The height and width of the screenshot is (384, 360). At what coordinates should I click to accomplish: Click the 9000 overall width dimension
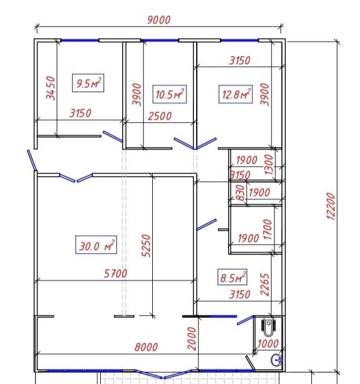(x=159, y=20)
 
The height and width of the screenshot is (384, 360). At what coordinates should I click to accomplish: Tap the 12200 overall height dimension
(x=330, y=206)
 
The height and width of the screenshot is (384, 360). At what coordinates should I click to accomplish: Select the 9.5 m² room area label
(x=88, y=83)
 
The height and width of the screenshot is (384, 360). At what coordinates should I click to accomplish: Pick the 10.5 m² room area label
(x=170, y=94)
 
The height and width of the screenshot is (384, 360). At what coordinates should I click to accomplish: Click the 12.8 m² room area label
(x=236, y=94)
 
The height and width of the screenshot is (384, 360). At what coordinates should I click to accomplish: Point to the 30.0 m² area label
(x=96, y=245)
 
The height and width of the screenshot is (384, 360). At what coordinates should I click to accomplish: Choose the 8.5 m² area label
(x=232, y=277)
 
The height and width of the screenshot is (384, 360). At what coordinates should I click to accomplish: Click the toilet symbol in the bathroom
(x=269, y=327)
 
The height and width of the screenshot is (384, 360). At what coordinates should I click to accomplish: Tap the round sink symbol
(x=277, y=360)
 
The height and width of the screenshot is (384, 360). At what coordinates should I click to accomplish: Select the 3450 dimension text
(x=51, y=88)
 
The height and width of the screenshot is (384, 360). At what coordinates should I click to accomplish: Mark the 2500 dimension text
(x=160, y=116)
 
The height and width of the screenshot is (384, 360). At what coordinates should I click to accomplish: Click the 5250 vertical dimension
(x=146, y=246)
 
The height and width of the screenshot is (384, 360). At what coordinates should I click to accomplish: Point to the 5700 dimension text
(x=116, y=273)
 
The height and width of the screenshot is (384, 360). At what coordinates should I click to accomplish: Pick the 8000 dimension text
(x=146, y=347)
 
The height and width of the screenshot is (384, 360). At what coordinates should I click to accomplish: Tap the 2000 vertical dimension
(x=192, y=338)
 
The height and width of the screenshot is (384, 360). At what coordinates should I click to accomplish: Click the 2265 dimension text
(x=265, y=284)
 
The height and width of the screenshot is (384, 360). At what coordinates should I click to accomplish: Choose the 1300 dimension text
(x=269, y=164)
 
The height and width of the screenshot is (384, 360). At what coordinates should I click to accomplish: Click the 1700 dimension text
(x=268, y=229)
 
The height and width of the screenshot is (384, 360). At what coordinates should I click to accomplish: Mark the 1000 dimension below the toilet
(x=268, y=344)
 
